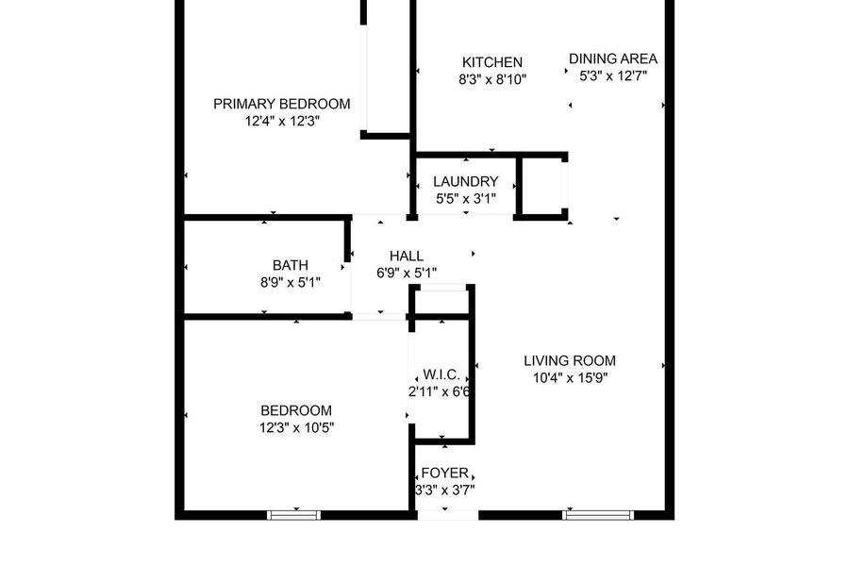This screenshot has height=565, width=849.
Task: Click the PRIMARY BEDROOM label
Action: click(281, 104)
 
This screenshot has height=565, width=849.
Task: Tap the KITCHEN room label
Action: click(492, 62)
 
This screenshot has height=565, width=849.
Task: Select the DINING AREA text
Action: click(613, 58)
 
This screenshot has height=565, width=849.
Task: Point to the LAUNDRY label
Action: click(466, 181)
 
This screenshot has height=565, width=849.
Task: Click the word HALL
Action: click(407, 256)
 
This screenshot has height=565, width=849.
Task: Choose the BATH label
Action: click(291, 265)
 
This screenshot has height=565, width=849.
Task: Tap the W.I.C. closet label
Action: click(441, 374)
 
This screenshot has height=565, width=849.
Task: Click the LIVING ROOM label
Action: click(570, 360)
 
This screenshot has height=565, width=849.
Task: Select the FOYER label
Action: click(444, 473)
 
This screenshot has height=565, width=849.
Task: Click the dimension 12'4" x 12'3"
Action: click(282, 122)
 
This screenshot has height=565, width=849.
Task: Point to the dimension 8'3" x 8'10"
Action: click(492, 79)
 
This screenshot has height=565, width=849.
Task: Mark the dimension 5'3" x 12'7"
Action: click(613, 75)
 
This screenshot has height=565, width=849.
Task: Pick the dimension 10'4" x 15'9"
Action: click(570, 377)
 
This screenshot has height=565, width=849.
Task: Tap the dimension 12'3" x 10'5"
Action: click(296, 427)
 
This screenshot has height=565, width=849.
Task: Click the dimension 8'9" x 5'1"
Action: click(291, 283)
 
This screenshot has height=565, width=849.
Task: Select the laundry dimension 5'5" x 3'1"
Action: click(466, 199)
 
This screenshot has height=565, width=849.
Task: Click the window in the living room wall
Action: click(598, 515)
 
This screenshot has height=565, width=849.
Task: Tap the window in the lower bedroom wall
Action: click(294, 515)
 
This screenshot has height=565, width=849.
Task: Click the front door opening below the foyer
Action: click(448, 515)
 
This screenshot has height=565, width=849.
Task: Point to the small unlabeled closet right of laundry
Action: click(542, 187)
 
